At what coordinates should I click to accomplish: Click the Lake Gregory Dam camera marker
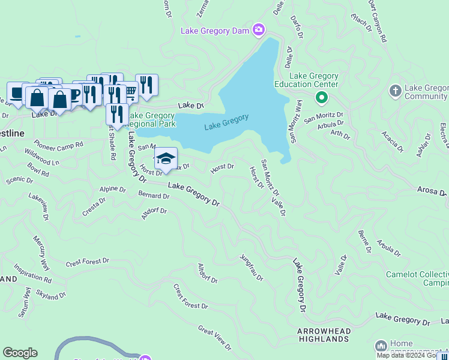tap(259, 29)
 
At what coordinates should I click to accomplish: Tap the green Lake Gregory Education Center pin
tap(322, 97)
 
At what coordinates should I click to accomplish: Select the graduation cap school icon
tap(166, 159)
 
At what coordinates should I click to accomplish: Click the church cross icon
tap(395, 91)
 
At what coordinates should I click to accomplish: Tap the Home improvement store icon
tap(381, 346)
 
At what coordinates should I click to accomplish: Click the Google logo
tap(20, 353)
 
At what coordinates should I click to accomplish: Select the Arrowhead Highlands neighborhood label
tap(323, 335)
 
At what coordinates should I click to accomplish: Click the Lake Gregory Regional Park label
tap(151, 119)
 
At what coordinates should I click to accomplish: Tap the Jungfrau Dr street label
tap(252, 268)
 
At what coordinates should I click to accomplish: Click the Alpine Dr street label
tap(112, 189)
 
